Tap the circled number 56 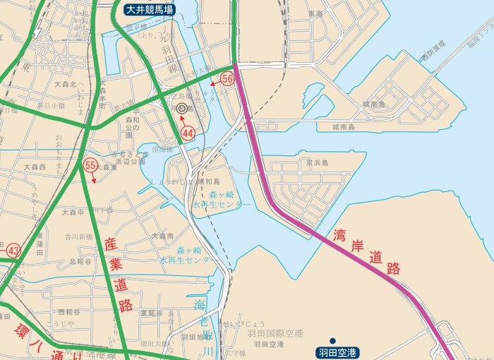[x=227, y=79]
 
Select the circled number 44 [x=188, y=133]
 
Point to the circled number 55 [x=90, y=165]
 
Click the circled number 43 [x=13, y=251]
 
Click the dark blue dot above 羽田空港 [x=332, y=340]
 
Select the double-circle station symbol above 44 [x=182, y=109]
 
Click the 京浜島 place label [x=317, y=162]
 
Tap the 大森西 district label [x=34, y=167]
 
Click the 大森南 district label [x=162, y=236]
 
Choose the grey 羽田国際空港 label [x=275, y=332]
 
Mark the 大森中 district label [x=73, y=212]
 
